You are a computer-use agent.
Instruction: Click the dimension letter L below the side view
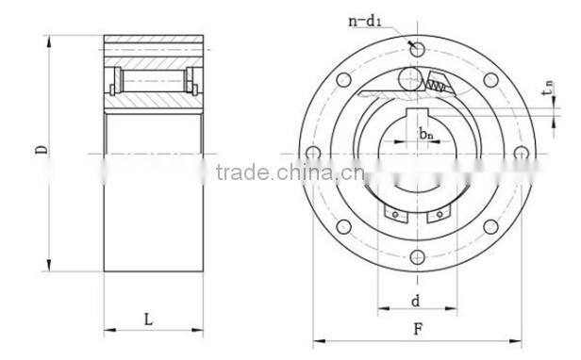pos(148,319)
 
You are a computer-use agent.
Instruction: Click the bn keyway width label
pos(426,134)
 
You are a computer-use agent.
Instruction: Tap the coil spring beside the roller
pos(439,84)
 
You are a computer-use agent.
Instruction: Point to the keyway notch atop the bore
pos(419,116)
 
